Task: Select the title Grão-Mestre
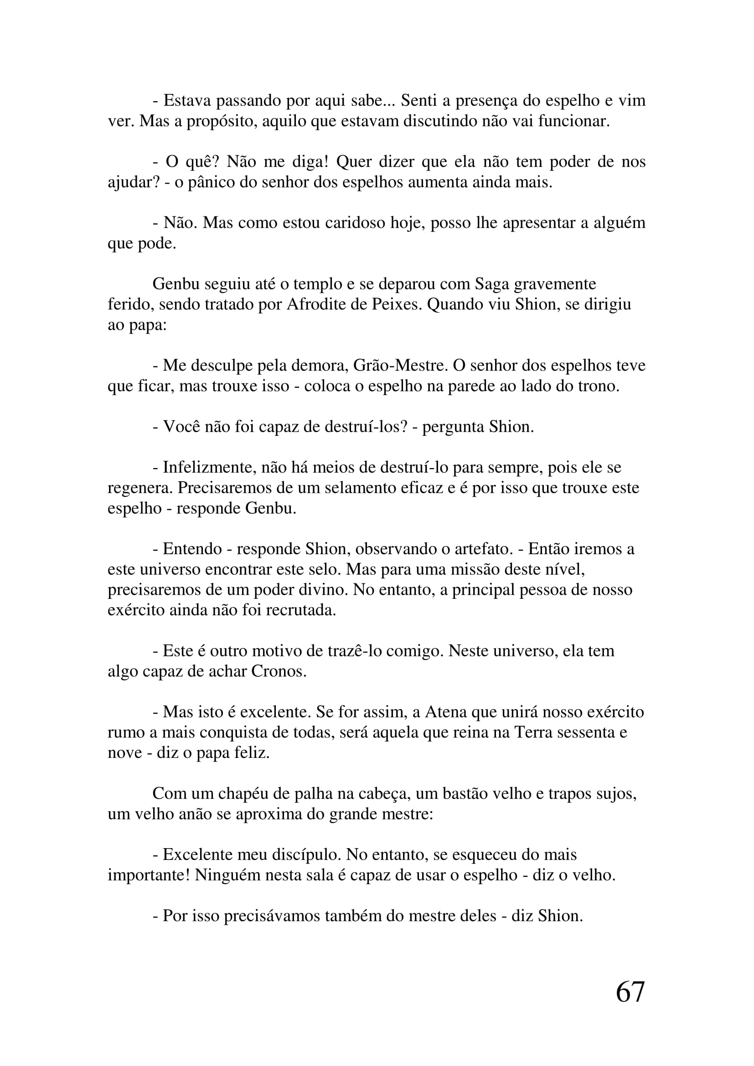(400, 366)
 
